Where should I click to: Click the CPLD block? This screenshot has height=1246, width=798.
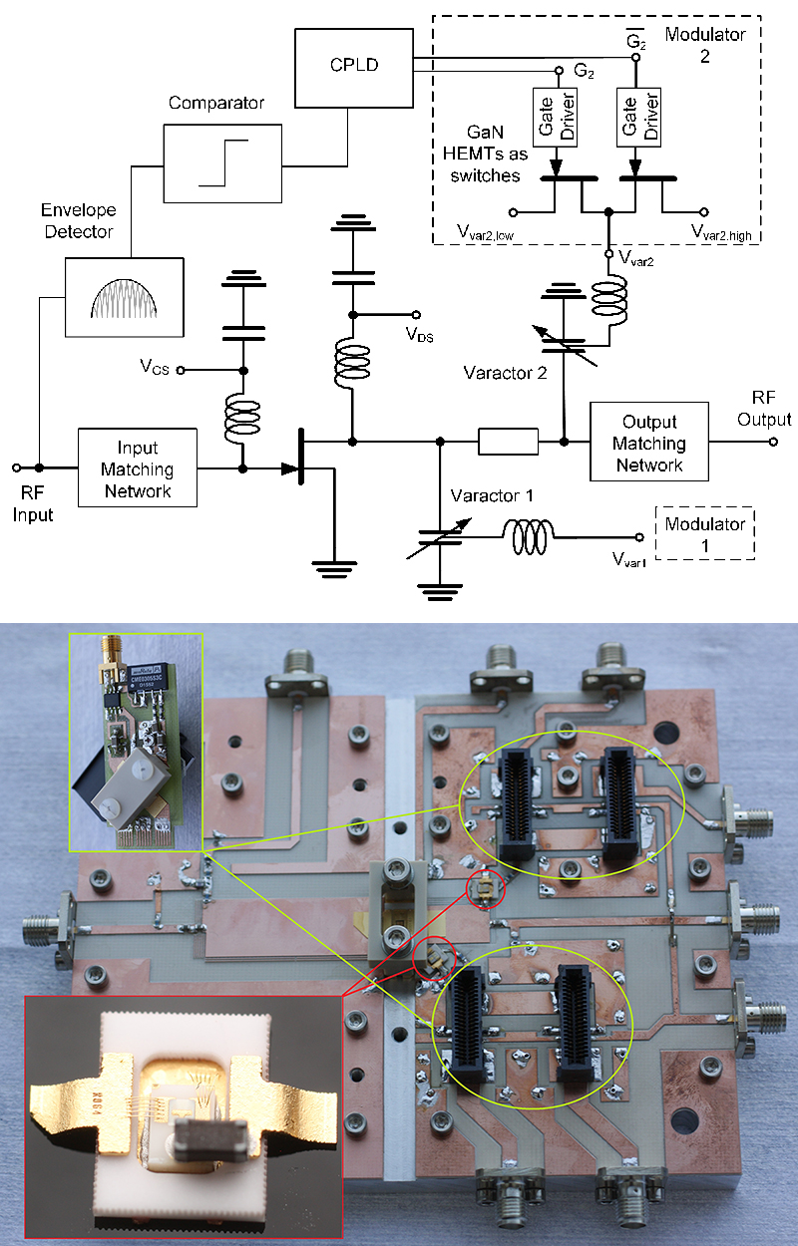[353, 68]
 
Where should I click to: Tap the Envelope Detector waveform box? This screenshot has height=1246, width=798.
[125, 295]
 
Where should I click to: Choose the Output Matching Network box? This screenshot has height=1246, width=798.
[648, 443]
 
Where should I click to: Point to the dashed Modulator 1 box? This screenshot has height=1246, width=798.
[704, 534]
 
